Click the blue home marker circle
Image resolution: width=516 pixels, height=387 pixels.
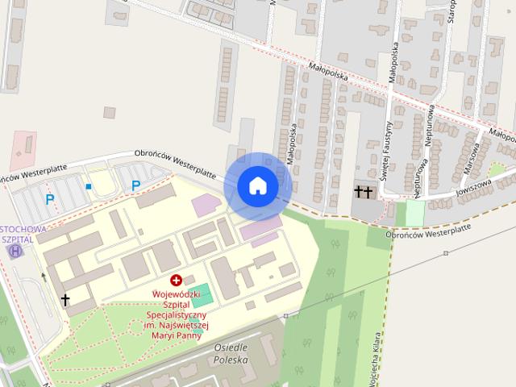pyautogui.click(x=257, y=185)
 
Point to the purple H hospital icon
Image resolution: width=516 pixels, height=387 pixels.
pyautogui.click(x=15, y=252)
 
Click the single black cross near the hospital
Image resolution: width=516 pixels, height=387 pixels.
pyautogui.click(x=65, y=300)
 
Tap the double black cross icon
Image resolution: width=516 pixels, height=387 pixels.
pyautogui.click(x=364, y=192)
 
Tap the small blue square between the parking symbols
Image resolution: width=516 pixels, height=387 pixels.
pyautogui.click(x=89, y=187)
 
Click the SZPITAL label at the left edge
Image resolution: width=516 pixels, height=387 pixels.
pyautogui.click(x=18, y=239)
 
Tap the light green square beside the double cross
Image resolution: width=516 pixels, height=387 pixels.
pyautogui.click(x=414, y=213)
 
